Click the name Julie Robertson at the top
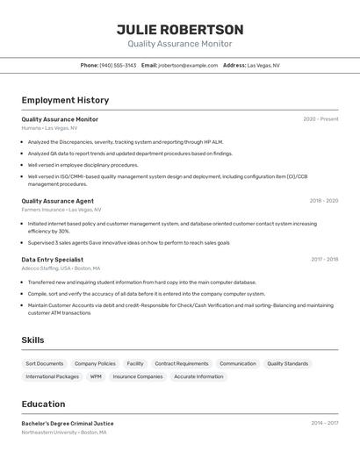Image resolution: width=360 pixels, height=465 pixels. point(180,30)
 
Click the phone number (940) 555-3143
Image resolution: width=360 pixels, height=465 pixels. point(118,65)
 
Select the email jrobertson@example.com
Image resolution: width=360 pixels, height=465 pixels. point(188,65)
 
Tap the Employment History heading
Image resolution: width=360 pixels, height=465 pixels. point(65,100)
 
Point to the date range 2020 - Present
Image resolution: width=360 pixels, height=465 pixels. point(320,119)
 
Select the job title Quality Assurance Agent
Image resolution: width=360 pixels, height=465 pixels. point(58,201)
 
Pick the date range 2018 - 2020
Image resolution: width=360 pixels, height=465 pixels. point(323,201)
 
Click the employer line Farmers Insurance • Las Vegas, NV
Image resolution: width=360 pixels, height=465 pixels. point(61,210)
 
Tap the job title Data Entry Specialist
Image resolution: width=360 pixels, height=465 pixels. point(53,260)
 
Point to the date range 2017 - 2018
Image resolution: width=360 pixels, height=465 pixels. point(324,260)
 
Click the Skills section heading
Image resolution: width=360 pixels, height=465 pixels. point(33,340)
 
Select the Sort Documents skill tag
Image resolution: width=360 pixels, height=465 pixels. point(45,363)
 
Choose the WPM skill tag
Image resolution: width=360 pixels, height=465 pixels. point(96,376)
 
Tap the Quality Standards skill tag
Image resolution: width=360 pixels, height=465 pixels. point(288,363)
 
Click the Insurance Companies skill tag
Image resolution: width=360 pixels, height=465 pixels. point(138,376)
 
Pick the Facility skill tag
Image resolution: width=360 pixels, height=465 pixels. point(135,363)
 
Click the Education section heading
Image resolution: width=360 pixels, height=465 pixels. point(44,404)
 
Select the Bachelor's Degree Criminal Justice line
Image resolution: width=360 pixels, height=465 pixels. point(68,424)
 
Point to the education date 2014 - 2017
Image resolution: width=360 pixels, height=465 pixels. point(324,424)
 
